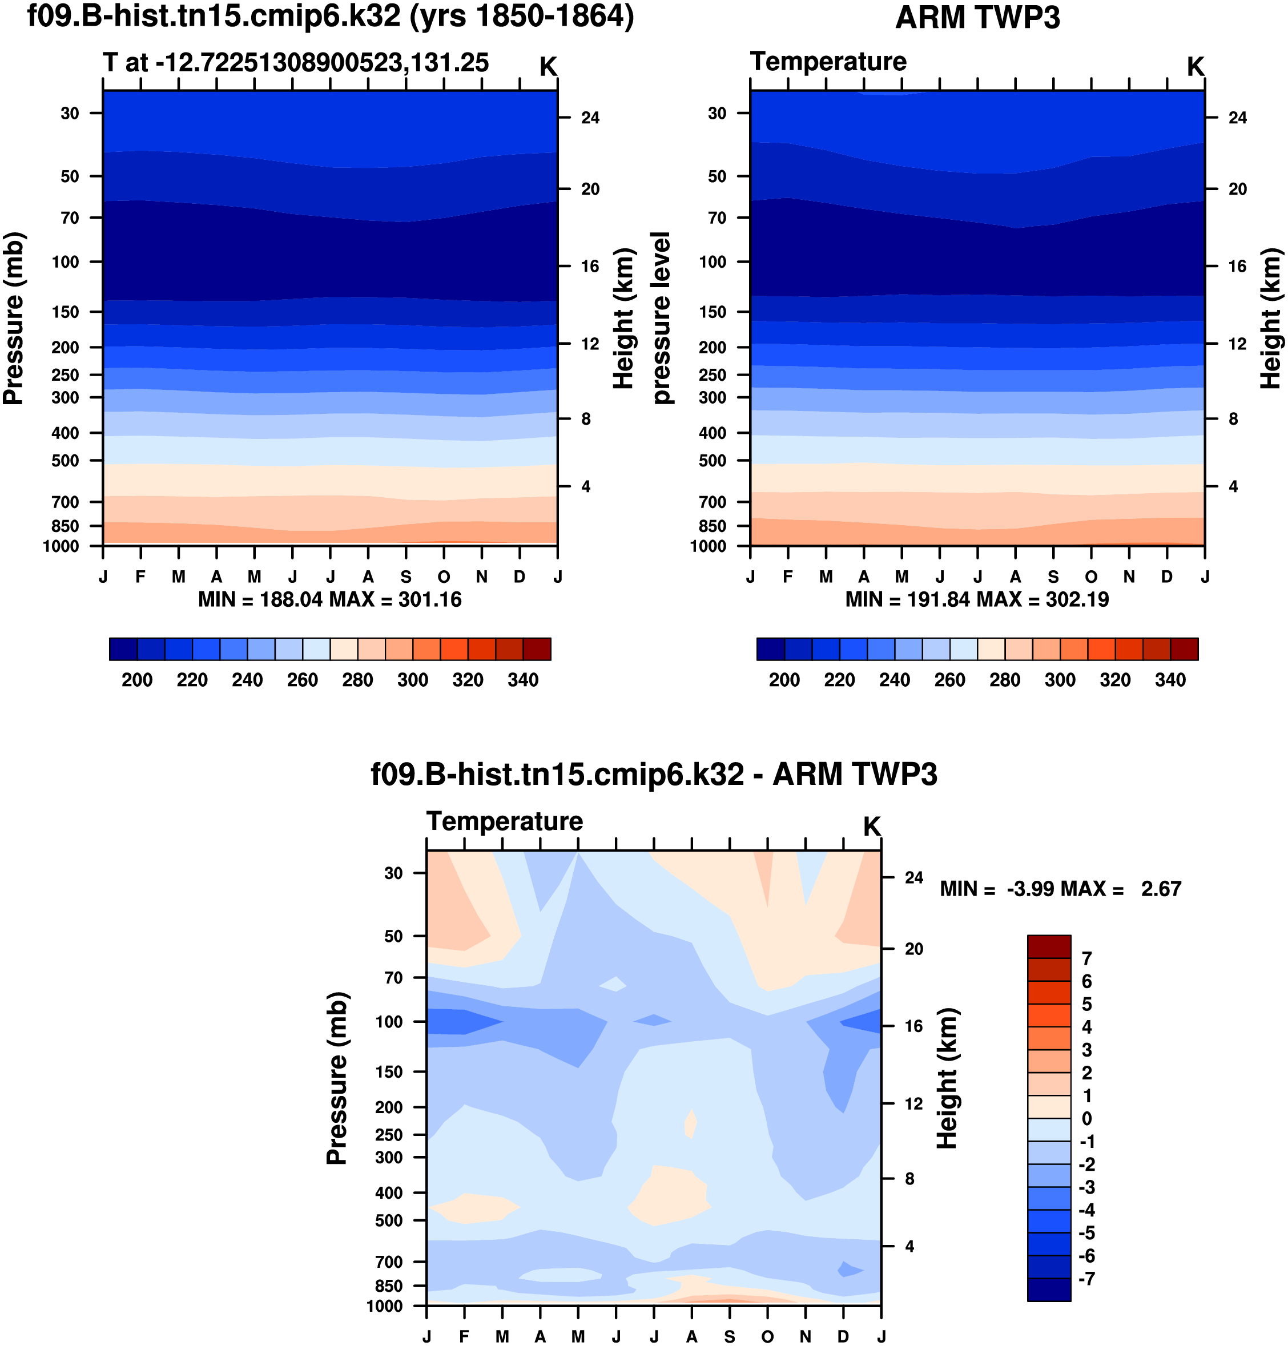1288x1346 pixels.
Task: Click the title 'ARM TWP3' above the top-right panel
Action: tap(977, 17)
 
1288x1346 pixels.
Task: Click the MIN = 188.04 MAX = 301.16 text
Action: tap(329, 600)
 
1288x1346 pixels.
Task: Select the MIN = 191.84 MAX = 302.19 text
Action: tap(977, 600)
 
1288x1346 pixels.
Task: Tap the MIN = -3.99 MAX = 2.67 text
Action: tap(1060, 889)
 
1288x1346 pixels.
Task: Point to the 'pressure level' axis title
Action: tap(661, 318)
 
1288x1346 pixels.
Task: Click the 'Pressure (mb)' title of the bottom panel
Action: tap(336, 1078)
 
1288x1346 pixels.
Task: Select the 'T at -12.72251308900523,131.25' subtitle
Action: tap(296, 62)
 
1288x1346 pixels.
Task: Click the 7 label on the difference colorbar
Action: tap(1086, 958)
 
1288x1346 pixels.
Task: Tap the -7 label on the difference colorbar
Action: tap(1086, 1278)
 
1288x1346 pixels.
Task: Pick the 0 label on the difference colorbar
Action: tap(1086, 1118)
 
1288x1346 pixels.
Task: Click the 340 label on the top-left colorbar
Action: tap(522, 680)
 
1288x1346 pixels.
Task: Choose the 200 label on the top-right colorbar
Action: tap(784, 680)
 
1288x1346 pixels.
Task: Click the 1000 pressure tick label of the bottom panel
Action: tap(384, 1306)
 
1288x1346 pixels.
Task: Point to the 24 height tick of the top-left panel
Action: tap(590, 118)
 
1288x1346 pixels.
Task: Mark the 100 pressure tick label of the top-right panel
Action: tap(713, 262)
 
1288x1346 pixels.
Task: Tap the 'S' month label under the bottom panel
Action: tap(729, 1336)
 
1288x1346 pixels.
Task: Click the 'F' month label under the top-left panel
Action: tap(141, 577)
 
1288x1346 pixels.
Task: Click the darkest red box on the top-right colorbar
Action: tap(1184, 648)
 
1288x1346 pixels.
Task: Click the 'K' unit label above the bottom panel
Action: tap(871, 827)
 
